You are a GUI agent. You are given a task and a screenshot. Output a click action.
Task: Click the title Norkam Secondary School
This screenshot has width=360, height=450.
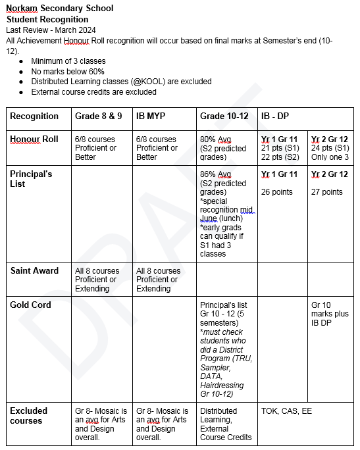pyautogui.click(x=59, y=9)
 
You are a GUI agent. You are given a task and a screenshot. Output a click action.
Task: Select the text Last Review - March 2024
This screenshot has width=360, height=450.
pyautogui.click(x=51, y=30)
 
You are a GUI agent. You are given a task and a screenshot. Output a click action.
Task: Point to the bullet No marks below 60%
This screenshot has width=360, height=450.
pyautogui.click(x=68, y=71)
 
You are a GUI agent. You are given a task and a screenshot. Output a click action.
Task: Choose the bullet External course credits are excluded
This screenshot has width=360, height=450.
pyautogui.click(x=93, y=91)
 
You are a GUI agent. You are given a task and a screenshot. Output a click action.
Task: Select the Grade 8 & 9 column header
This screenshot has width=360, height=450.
pyautogui.click(x=99, y=116)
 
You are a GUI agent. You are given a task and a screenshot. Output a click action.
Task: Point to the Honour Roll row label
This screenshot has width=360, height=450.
pyautogui.click(x=34, y=139)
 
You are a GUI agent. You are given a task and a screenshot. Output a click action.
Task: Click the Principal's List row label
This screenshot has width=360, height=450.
pyautogui.click(x=31, y=179)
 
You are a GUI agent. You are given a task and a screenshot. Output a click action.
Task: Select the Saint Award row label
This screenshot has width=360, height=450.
pyautogui.click(x=34, y=270)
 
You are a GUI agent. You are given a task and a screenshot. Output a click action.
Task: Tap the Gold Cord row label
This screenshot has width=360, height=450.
pyautogui.click(x=30, y=305)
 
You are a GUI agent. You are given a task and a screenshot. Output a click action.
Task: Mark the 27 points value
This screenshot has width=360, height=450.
pyautogui.click(x=326, y=192)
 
